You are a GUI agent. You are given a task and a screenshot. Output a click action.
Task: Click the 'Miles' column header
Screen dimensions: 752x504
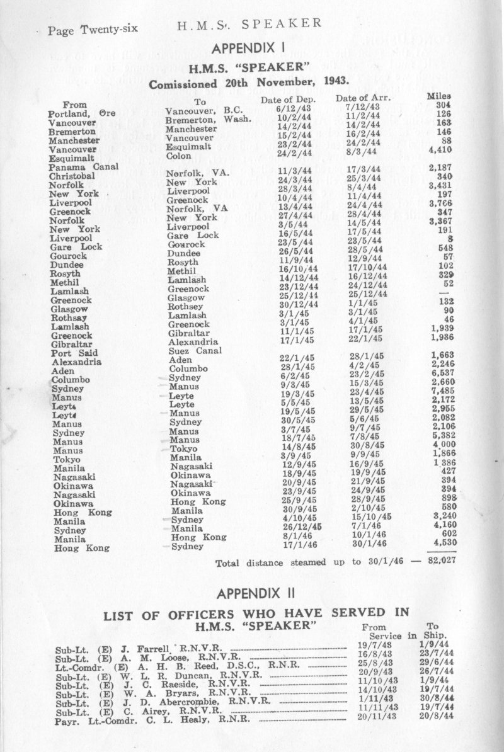click(x=440, y=96)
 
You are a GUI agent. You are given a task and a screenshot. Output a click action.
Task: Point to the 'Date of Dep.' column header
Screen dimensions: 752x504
click(x=287, y=100)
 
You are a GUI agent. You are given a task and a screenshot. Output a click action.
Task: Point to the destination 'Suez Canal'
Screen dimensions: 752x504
click(x=191, y=350)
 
